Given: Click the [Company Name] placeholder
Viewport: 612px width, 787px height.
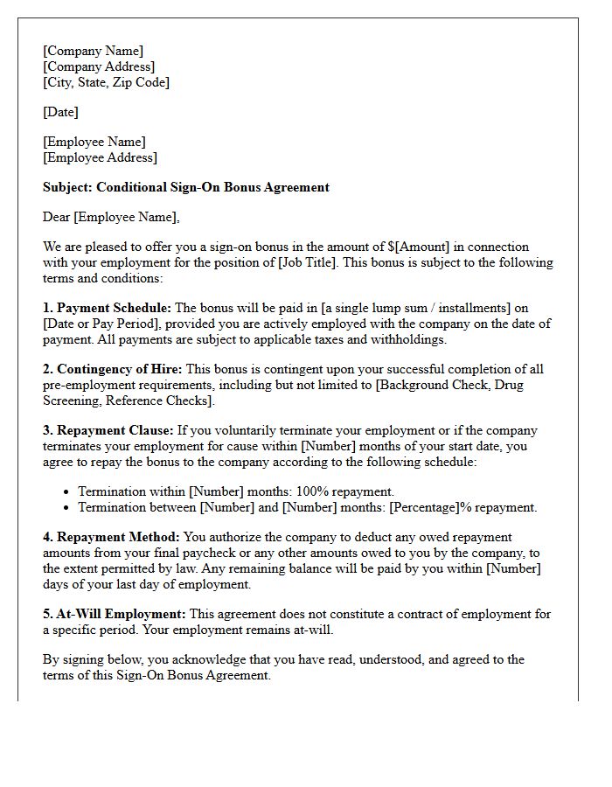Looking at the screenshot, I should (93, 51).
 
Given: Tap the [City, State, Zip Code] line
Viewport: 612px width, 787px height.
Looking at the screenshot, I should (106, 82).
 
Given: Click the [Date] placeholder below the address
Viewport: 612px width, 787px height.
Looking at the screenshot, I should (60, 112).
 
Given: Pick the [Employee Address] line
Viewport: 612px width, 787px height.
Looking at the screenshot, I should (100, 157).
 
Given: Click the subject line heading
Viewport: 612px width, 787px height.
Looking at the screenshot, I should (185, 187).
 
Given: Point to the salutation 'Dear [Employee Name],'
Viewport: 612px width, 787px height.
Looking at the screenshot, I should (111, 217).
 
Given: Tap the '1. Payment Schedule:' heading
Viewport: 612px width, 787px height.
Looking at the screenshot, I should (108, 308).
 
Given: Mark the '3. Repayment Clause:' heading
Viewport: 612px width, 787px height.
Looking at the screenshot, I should (108, 430).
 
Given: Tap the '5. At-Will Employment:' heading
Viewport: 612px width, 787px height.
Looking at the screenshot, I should (114, 614).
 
